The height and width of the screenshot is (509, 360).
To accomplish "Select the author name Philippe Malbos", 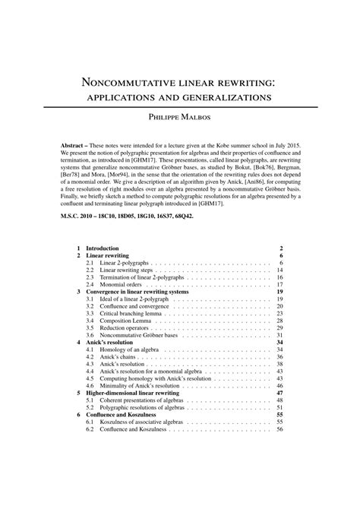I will tap(179, 119).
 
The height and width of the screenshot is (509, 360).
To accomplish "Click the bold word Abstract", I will tap(77, 144).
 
